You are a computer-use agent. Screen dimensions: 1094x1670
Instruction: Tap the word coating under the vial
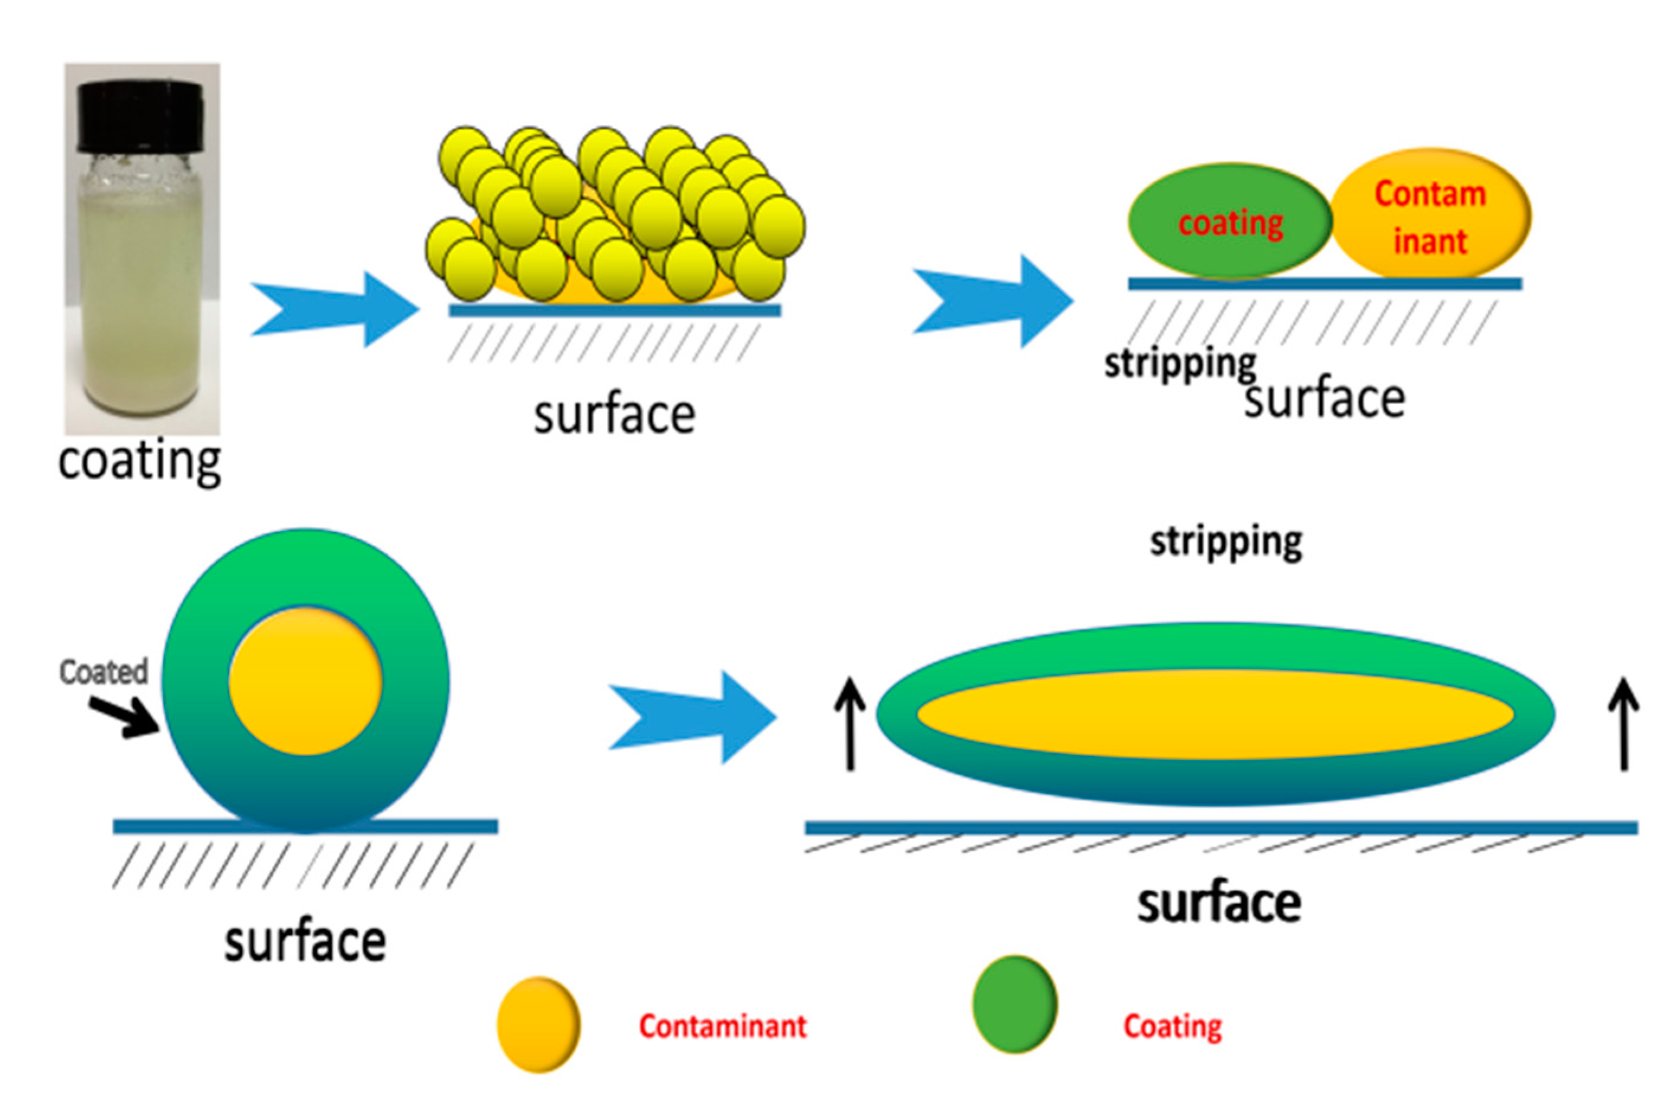click(x=140, y=462)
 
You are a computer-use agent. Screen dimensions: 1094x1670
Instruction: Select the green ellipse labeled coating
click(x=1230, y=222)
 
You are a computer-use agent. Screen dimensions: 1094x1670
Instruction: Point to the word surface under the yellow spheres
click(x=614, y=415)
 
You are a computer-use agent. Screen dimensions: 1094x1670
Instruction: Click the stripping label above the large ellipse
click(x=1226, y=542)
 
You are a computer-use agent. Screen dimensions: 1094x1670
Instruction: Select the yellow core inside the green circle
click(x=306, y=680)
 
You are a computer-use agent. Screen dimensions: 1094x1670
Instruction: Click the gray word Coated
click(x=104, y=672)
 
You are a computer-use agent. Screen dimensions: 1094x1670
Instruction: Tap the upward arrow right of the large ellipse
click(x=1624, y=724)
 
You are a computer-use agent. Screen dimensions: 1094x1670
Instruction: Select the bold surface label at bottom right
click(x=1219, y=903)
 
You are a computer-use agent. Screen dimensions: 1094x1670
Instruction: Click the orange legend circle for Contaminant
click(x=538, y=1025)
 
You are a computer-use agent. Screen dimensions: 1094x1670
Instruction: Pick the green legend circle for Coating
click(x=1015, y=1004)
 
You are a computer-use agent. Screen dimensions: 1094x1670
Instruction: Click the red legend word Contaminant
click(x=723, y=1026)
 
